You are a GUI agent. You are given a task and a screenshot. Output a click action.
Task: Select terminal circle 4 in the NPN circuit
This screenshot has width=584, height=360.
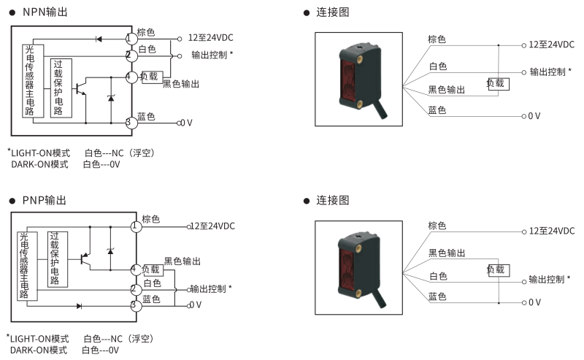(130, 77)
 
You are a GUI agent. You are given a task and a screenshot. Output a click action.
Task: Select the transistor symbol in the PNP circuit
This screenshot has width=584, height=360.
(84, 258)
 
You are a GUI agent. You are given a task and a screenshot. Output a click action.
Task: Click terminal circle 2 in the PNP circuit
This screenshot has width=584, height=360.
(134, 289)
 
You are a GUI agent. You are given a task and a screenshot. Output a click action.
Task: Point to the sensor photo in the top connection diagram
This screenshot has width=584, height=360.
(358, 79)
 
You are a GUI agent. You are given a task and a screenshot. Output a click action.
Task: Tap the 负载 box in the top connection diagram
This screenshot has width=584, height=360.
(497, 83)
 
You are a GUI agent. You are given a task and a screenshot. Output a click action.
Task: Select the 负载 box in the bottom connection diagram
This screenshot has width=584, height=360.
(496, 269)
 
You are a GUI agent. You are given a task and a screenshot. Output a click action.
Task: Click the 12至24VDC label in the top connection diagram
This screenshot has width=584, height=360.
(552, 45)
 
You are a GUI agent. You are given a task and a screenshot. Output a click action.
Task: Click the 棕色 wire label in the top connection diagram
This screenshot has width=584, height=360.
(437, 39)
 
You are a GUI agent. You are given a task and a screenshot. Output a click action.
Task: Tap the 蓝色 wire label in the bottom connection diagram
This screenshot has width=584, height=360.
(437, 296)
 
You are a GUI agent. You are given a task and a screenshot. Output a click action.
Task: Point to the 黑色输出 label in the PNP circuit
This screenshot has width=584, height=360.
(182, 261)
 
